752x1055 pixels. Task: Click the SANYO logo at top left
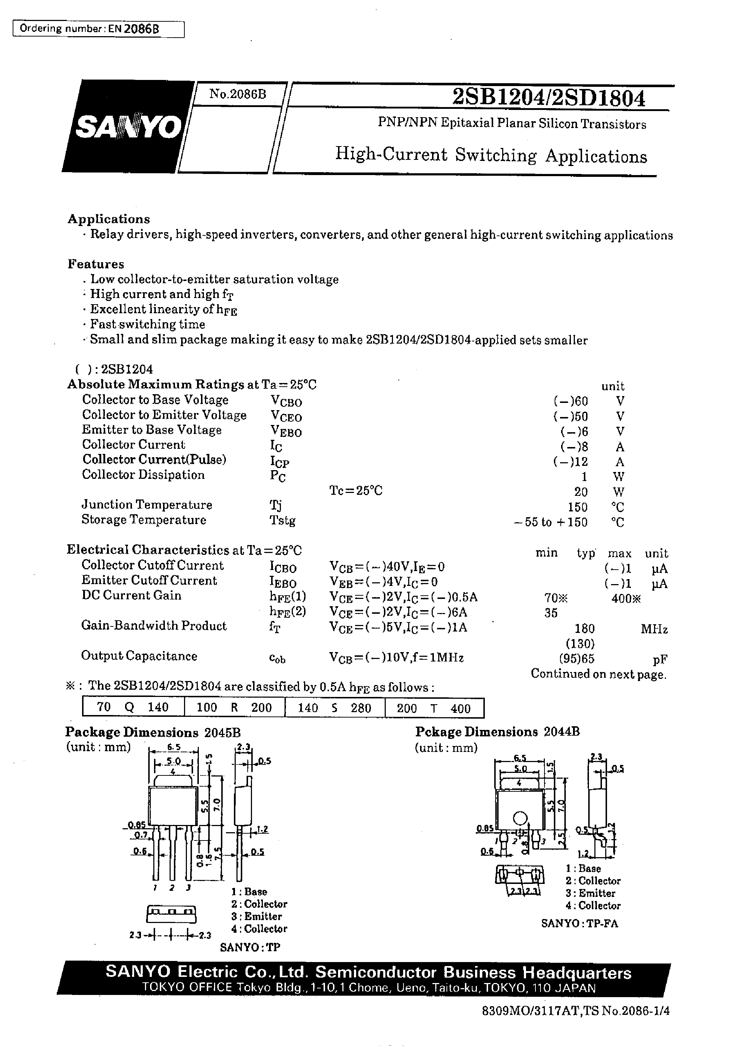point(128,127)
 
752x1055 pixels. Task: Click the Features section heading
point(96,264)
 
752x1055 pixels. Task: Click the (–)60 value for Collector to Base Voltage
point(570,401)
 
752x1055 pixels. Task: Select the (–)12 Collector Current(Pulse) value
point(570,462)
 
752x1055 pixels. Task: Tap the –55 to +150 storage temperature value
point(550,522)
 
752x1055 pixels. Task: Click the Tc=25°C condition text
point(356,491)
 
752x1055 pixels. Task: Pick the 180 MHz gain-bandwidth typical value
point(584,629)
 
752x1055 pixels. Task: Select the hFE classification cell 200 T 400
point(434,708)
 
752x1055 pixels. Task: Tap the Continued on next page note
point(598,674)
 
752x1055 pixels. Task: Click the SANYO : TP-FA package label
point(579,923)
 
